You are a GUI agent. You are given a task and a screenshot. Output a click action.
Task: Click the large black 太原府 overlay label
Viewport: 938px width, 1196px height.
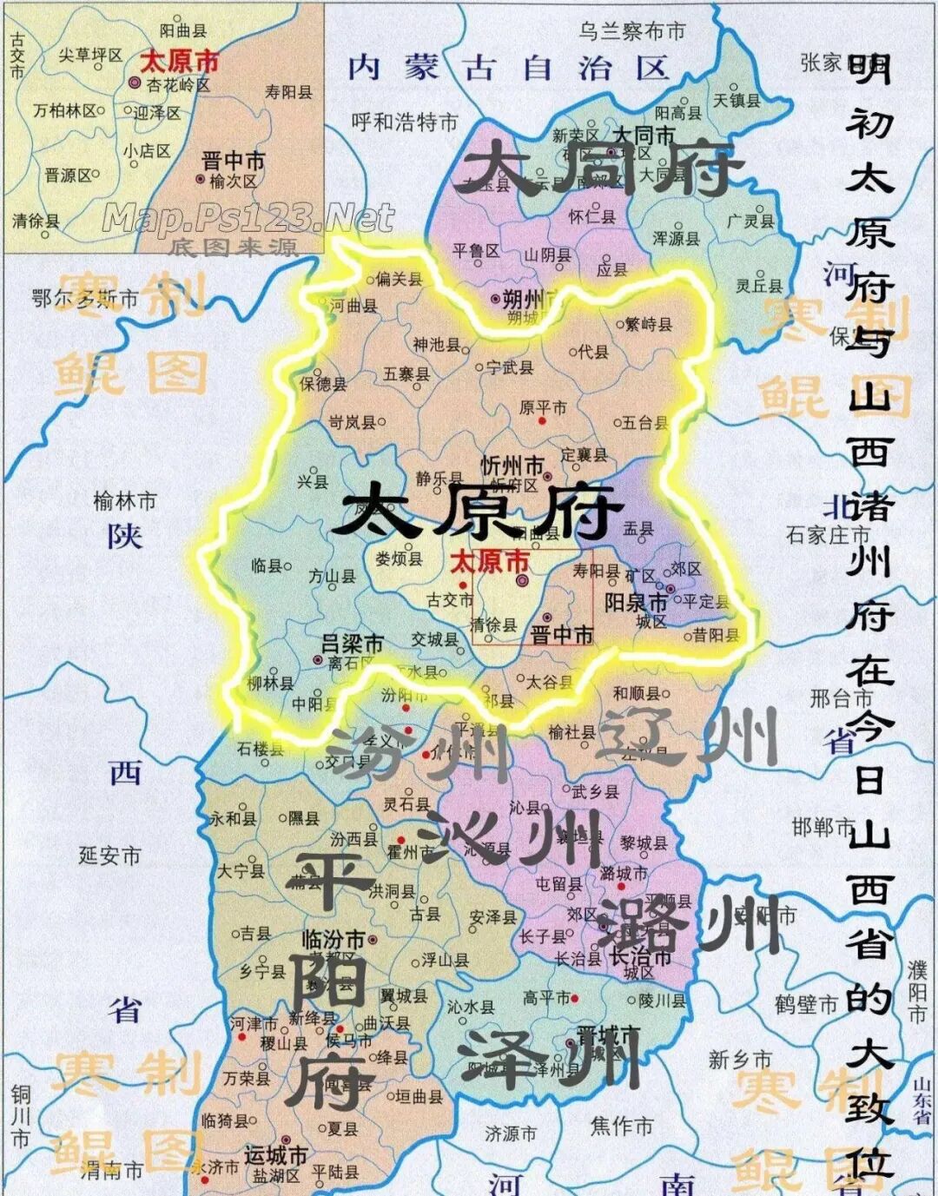point(476,511)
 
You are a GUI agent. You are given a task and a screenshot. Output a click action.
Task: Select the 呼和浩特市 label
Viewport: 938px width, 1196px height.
point(404,122)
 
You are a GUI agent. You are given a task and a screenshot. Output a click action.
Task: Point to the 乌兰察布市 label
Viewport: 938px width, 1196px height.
point(631,32)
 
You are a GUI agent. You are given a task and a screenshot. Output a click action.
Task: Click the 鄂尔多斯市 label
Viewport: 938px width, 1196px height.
point(85,300)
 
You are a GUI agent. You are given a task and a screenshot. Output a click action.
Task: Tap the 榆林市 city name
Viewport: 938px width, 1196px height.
point(125,501)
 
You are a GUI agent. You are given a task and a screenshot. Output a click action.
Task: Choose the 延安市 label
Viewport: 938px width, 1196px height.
point(109,856)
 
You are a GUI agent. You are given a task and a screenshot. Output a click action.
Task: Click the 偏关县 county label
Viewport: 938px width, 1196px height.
point(399,279)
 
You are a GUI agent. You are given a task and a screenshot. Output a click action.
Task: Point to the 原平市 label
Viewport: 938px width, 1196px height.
point(543,406)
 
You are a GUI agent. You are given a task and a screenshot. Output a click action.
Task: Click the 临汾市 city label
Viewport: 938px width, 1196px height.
point(333,940)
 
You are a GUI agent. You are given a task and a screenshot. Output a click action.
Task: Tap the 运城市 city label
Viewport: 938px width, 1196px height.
point(275,1156)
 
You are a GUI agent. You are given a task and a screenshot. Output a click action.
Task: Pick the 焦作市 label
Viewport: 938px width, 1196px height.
point(622,1127)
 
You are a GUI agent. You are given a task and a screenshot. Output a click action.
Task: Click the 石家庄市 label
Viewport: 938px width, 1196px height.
point(827,535)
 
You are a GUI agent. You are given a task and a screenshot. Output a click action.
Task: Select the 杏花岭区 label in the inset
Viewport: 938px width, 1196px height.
point(177,85)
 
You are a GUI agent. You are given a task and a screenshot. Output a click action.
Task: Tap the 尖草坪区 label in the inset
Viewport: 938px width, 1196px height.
point(90,55)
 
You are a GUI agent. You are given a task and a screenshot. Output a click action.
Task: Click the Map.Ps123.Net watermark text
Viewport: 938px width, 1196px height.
point(248,216)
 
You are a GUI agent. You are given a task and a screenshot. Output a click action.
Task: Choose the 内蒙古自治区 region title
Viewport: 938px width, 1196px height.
point(508,69)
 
